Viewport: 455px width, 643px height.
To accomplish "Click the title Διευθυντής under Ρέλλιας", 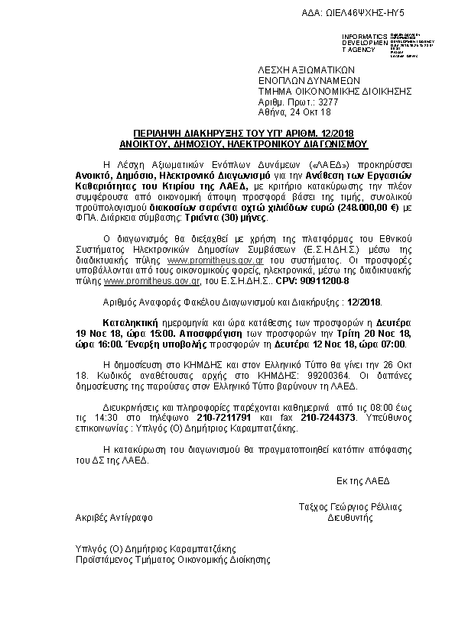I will tap(350, 517).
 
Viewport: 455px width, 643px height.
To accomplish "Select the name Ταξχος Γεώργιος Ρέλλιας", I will tap(350, 507).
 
